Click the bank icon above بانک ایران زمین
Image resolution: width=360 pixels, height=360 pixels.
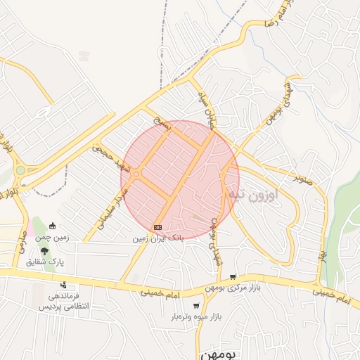click(157, 227)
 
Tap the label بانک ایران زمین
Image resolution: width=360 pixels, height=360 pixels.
click(157, 238)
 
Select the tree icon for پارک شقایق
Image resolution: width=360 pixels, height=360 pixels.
click(44, 251)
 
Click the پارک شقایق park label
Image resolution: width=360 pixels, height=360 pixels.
click(45, 262)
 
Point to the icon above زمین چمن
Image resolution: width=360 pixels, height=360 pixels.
click(53, 226)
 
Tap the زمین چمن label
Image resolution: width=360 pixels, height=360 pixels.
click(53, 238)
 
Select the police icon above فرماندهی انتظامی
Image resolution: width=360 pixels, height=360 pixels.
click(64, 285)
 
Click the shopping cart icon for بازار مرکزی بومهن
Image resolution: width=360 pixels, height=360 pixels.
click(232, 278)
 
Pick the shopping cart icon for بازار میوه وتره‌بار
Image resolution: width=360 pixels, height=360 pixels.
click(195, 306)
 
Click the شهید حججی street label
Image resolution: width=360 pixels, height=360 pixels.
click(110, 159)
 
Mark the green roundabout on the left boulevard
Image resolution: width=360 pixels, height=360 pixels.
click(20, 170)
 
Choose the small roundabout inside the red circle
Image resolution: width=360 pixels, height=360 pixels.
click(136, 174)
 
